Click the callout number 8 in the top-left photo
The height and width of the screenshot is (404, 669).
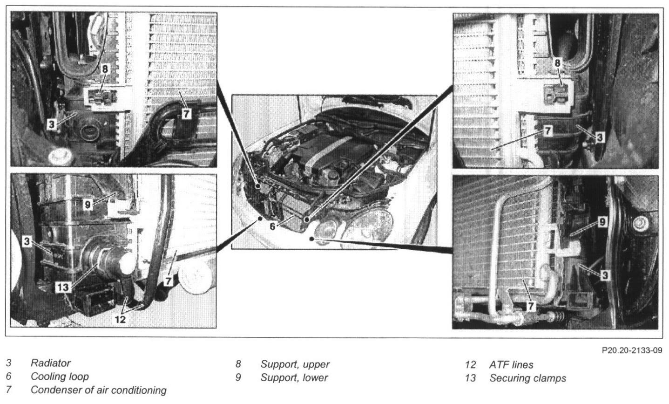tap(105, 69)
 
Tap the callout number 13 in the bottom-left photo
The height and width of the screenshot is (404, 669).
tap(63, 288)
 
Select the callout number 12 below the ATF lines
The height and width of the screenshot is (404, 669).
tap(120, 319)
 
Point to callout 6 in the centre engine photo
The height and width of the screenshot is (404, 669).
tap(272, 226)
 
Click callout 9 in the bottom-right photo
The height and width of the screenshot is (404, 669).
tap(602, 222)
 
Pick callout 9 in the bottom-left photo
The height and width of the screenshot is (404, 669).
tap(88, 205)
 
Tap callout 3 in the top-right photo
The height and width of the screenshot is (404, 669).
tap(600, 137)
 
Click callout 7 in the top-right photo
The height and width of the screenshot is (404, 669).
tap(547, 130)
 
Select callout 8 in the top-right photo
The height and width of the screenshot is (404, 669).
tap(557, 63)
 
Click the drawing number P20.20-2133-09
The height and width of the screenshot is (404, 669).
tap(632, 350)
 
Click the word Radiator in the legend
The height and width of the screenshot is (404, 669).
tap(50, 363)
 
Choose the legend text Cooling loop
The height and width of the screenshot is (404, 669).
tap(60, 377)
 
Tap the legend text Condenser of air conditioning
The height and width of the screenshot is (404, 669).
tap(99, 390)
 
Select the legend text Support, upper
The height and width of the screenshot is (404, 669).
tap(295, 364)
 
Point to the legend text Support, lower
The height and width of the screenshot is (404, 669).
tap(294, 378)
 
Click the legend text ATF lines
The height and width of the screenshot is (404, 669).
tap(511, 365)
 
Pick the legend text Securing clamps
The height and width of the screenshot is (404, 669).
tap(528, 378)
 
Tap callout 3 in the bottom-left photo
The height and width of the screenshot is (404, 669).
tap(27, 241)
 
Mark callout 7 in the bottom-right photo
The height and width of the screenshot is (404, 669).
tap(531, 306)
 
